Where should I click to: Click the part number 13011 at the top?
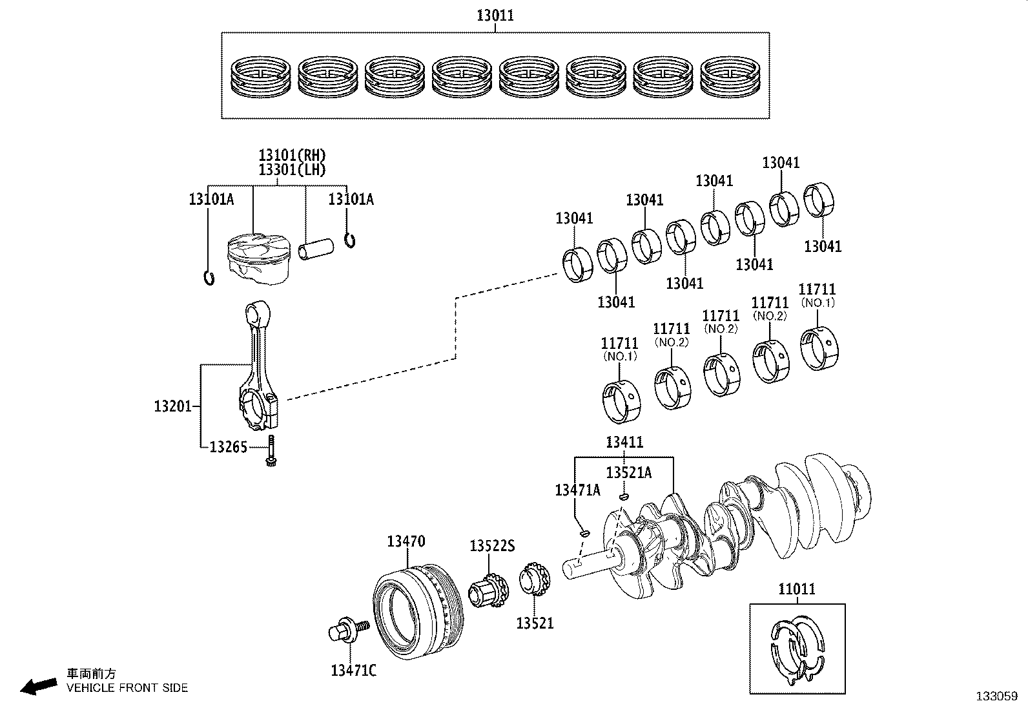click(495, 15)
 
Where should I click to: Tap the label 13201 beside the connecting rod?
click(172, 406)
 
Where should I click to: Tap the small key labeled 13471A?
click(584, 533)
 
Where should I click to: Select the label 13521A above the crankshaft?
click(628, 473)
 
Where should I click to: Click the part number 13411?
click(624, 443)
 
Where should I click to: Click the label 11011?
click(796, 589)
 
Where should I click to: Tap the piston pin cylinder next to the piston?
click(316, 249)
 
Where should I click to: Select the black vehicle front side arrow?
click(38, 686)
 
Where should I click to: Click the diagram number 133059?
click(996, 696)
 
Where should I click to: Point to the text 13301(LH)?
click(292, 170)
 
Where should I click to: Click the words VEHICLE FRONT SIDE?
click(127, 688)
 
